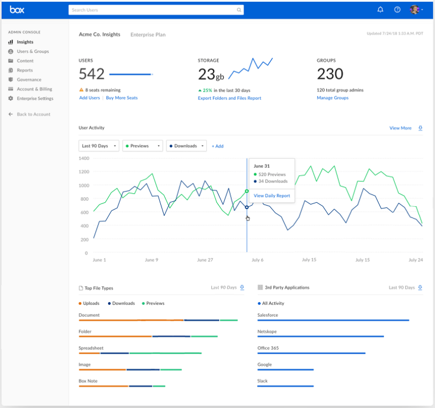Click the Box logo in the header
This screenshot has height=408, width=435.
point(17,10)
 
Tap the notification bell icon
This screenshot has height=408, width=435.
point(380,10)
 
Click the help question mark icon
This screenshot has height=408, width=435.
point(397,10)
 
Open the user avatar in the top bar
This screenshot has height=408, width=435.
point(415,10)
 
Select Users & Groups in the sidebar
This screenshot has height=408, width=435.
point(32,52)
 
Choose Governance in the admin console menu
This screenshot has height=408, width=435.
point(29,80)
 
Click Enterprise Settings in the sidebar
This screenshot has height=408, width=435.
point(35,99)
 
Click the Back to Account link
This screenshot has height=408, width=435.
point(33,114)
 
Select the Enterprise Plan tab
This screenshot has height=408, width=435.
point(148,35)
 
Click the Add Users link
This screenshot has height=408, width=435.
point(89,98)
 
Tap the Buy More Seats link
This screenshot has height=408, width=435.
point(122,98)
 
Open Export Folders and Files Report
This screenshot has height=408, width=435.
point(229,98)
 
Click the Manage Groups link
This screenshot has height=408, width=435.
point(332,98)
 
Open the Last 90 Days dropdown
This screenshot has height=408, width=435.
point(99,146)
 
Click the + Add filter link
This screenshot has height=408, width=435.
point(217,146)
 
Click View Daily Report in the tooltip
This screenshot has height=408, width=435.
point(272,195)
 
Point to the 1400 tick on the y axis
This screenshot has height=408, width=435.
point(84,158)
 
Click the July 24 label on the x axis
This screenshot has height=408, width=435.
point(416,260)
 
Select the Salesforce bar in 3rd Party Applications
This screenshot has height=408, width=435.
point(333,320)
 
